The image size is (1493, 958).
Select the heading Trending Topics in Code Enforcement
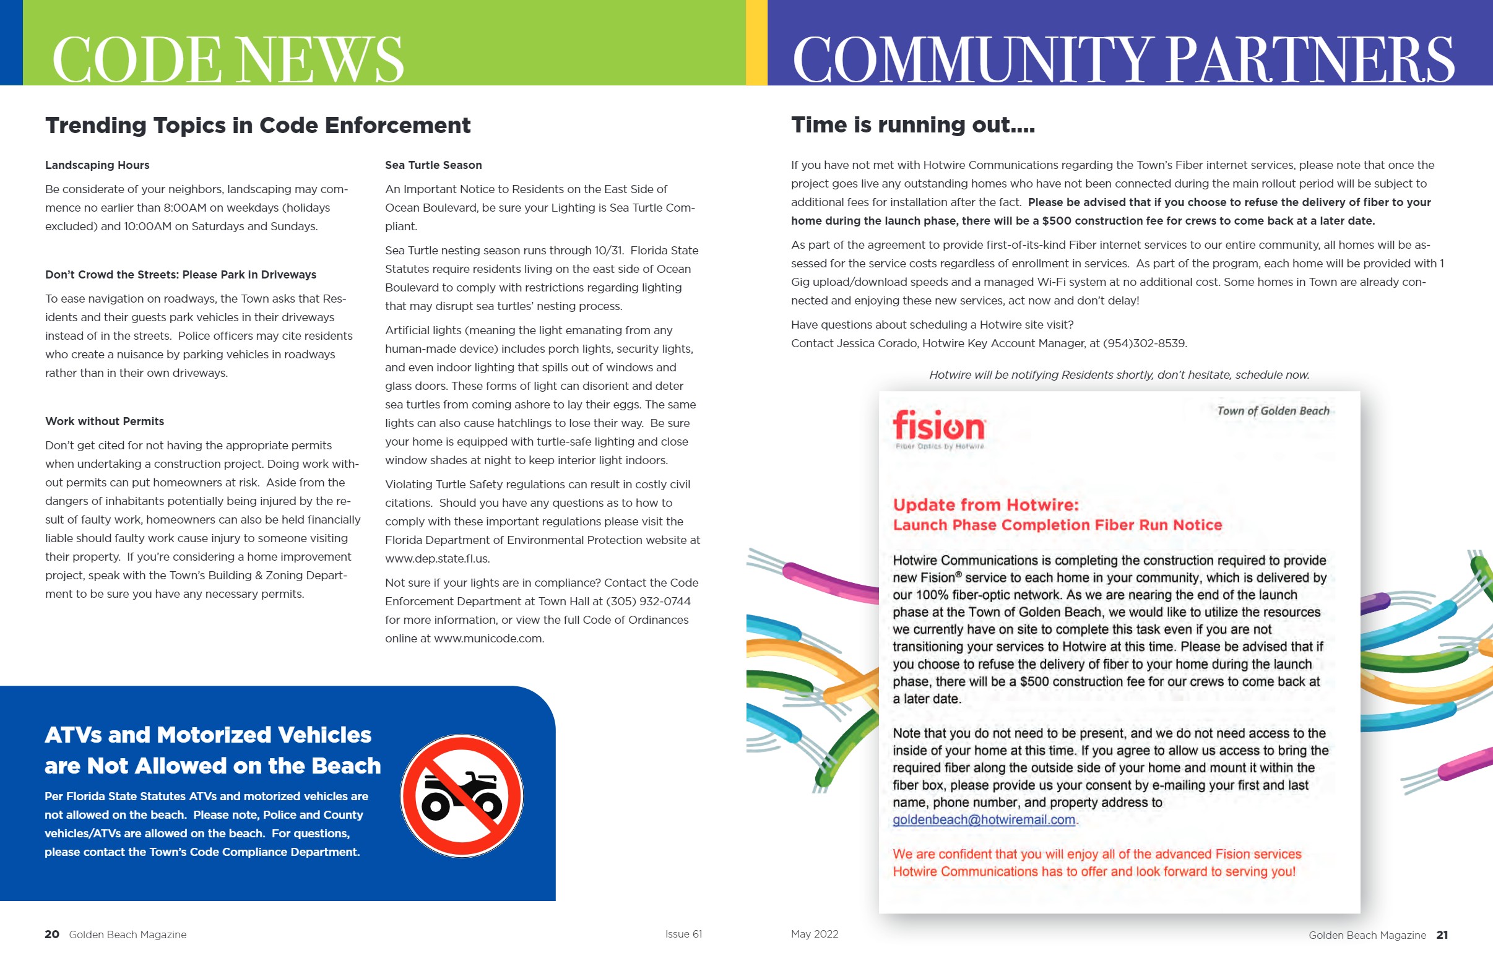coord(257,126)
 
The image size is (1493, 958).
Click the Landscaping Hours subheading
coord(97,165)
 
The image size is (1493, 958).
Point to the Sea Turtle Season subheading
coord(433,165)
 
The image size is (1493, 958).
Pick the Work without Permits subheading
coord(105,421)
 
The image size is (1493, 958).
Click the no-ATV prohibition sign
coord(462,796)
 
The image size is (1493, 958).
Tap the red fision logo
coord(939,427)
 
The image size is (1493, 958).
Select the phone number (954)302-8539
coord(1144,343)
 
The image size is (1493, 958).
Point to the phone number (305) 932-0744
coord(648,602)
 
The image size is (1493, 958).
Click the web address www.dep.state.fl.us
coord(437,559)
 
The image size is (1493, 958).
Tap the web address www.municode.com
coord(488,639)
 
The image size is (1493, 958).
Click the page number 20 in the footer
coord(51,934)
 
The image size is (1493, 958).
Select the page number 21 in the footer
coord(1442,935)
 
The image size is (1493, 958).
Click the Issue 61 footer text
coord(683,934)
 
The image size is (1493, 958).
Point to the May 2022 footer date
coord(815,934)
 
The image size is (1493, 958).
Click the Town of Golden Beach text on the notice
coord(1273,410)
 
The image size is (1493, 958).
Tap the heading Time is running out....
coord(912,125)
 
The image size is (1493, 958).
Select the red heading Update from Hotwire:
coord(985,504)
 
